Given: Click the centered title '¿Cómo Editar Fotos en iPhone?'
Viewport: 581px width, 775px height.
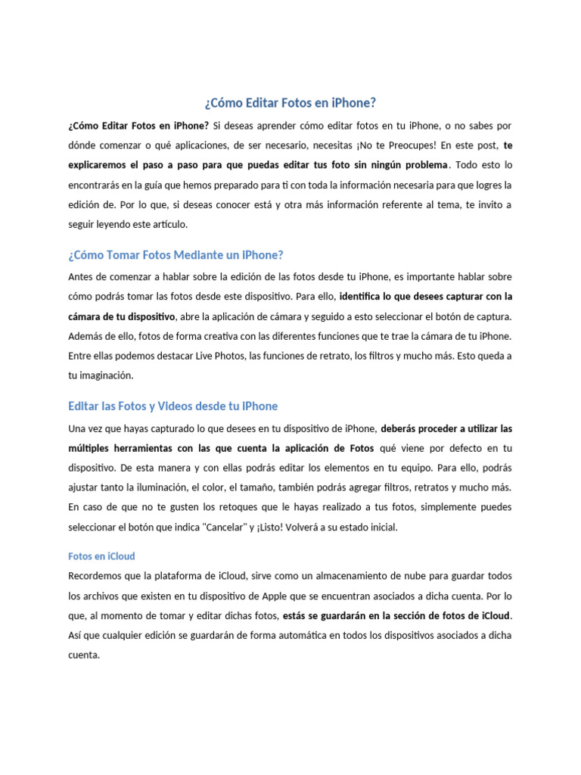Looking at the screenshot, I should pyautogui.click(x=290, y=102).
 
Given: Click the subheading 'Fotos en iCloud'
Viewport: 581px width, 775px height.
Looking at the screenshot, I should pyautogui.click(x=101, y=556).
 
